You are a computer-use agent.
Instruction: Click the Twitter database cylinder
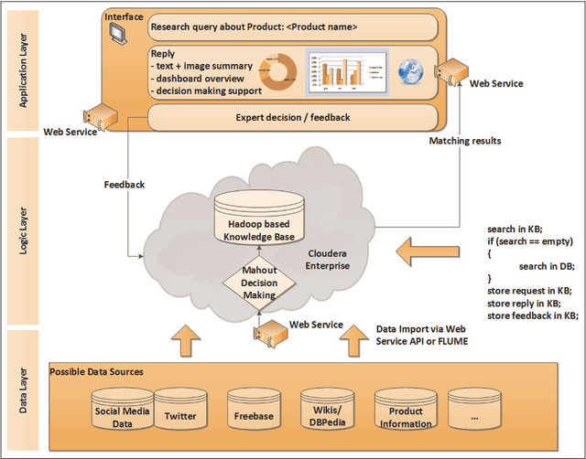[x=179, y=413]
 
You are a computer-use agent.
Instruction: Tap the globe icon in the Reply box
[x=409, y=70]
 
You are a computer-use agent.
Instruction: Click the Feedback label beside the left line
[x=124, y=184]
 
